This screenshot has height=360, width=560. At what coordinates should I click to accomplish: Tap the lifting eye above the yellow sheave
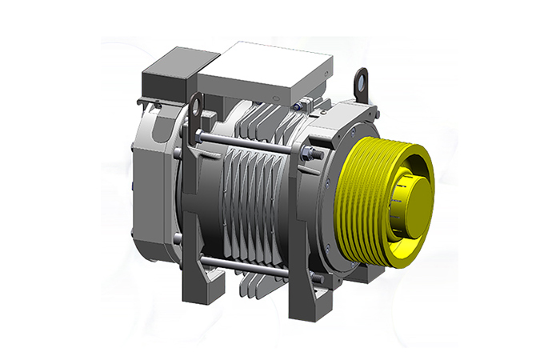[x=362, y=81]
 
